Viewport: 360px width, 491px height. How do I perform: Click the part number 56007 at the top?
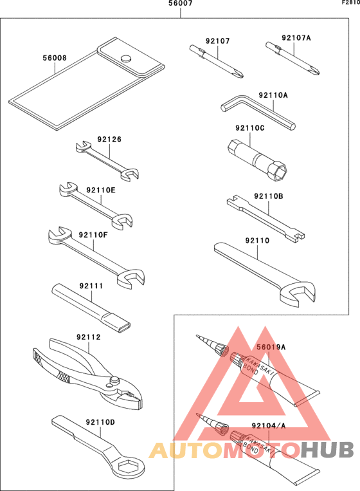180,4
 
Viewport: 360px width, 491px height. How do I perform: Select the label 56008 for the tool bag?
55,57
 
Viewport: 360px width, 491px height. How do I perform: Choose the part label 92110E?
101,190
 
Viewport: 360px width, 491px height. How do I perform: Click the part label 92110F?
93,235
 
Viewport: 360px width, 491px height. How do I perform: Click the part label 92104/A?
268,425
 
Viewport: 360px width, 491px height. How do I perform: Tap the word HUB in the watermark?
325,452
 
